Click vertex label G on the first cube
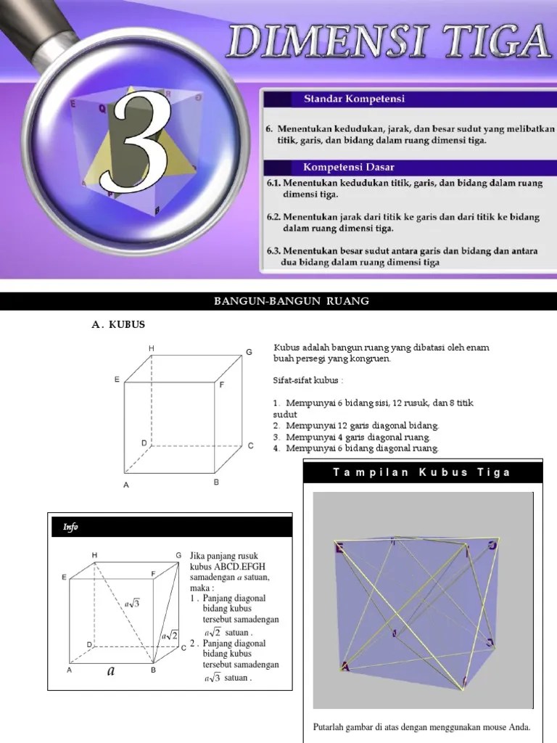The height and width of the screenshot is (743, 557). point(249,352)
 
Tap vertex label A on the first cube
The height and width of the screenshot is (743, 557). point(125,485)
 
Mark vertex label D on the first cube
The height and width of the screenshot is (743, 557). point(144,442)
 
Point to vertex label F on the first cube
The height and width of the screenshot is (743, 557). point(222,384)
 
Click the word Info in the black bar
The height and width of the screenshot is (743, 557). point(70,528)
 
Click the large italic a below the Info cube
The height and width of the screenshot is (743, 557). point(111,671)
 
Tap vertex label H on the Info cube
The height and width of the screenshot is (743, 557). point(94,555)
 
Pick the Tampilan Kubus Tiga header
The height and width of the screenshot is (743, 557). point(421,472)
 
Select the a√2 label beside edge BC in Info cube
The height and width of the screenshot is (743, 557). point(170,636)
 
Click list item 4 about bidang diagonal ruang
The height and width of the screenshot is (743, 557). point(356,448)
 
